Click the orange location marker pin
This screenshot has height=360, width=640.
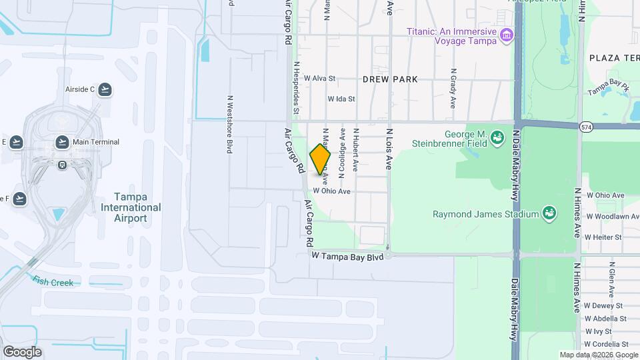(x=320, y=159)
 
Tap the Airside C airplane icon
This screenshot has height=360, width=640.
(x=105, y=89)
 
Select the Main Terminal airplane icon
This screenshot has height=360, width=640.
(x=62, y=141)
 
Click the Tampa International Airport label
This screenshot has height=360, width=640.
(x=131, y=207)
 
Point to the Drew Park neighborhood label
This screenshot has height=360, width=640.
(x=390, y=79)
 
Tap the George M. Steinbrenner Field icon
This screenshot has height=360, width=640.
(x=497, y=138)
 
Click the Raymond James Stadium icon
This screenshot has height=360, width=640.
(x=549, y=213)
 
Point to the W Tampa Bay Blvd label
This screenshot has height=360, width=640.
(x=348, y=256)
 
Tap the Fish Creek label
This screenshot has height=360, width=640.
(x=53, y=282)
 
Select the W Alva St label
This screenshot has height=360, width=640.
(x=319, y=78)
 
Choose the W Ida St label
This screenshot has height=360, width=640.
(x=341, y=99)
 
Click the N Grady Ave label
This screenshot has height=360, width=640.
(x=453, y=88)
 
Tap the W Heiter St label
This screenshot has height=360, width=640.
(x=603, y=237)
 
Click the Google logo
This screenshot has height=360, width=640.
(x=22, y=352)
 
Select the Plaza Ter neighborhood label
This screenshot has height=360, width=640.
(x=614, y=59)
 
